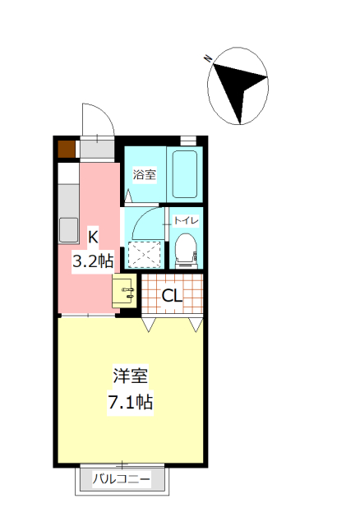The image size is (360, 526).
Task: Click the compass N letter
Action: tap(209, 58)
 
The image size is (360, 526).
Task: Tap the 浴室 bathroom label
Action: tap(145, 174)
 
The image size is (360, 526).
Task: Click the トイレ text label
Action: tap(187, 220)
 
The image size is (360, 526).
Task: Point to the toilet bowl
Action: tap(186, 248)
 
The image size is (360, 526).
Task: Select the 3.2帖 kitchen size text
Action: tap(92, 261)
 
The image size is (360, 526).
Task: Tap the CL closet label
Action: tap(172, 296)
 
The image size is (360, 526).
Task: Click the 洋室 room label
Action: tap(131, 377)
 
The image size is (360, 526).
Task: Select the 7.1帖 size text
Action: tap(131, 403)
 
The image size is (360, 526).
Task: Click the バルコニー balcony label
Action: tap(121, 478)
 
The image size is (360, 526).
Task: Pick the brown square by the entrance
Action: tap(66, 149)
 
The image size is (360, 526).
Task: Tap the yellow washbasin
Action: tap(125, 290)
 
